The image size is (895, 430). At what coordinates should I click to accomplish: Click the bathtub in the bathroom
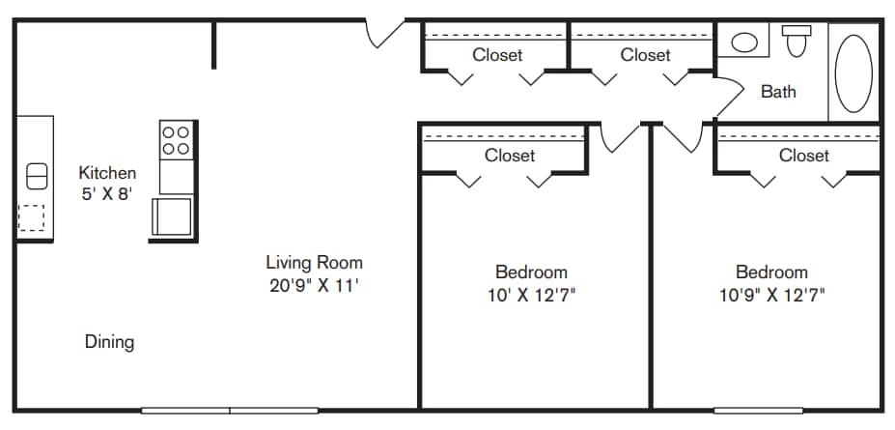(853, 73)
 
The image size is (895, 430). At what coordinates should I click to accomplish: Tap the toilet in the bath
(797, 42)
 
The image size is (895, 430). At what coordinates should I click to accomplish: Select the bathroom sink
(743, 43)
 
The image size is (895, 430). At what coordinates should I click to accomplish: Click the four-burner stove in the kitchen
(175, 141)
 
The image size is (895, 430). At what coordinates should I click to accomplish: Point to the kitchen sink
(36, 176)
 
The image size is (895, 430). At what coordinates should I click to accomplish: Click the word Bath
(778, 92)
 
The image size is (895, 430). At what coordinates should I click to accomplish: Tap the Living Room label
(314, 262)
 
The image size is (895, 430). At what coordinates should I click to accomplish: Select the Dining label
(109, 341)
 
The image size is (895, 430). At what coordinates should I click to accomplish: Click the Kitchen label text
(107, 173)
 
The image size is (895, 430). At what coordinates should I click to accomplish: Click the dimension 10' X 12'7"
(531, 295)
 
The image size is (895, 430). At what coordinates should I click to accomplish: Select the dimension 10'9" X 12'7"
(771, 295)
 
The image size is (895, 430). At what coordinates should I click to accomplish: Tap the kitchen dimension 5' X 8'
(107, 192)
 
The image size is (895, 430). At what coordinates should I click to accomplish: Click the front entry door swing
(385, 32)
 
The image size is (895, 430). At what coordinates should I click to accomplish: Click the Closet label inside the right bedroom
(803, 155)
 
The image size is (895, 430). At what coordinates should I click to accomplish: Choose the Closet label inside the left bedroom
(510, 155)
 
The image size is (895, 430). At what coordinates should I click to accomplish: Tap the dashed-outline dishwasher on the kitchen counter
(32, 218)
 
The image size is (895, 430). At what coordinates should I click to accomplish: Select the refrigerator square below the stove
(173, 215)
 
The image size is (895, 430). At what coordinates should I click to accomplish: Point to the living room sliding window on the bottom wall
(230, 410)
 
